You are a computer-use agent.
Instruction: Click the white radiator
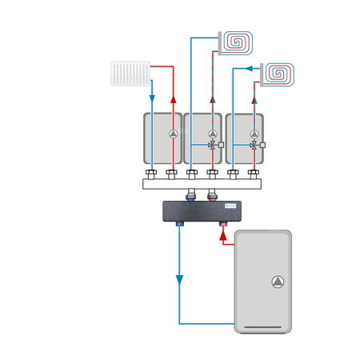tap(130, 74)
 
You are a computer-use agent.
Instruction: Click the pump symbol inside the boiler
tap(277, 281)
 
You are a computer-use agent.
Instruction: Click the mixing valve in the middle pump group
tap(212, 146)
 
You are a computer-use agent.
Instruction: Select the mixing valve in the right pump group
tap(254, 146)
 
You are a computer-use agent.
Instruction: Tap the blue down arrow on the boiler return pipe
tap(179, 280)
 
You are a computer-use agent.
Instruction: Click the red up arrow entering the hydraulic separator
tap(222, 237)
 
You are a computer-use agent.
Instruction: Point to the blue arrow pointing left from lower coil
tap(252, 70)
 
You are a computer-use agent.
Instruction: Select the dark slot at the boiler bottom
tap(262, 326)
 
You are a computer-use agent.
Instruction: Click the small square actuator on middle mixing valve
tap(222, 146)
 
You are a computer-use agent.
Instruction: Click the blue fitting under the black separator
tap(179, 226)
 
